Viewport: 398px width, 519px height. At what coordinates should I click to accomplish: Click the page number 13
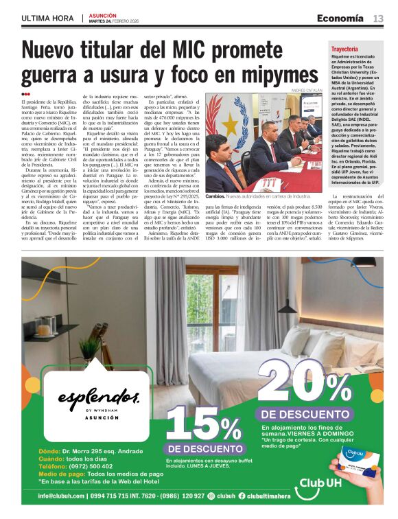click(x=378, y=19)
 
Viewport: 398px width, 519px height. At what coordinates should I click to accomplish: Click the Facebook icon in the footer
click(x=244, y=496)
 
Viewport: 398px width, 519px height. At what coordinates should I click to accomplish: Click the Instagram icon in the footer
click(x=211, y=496)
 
